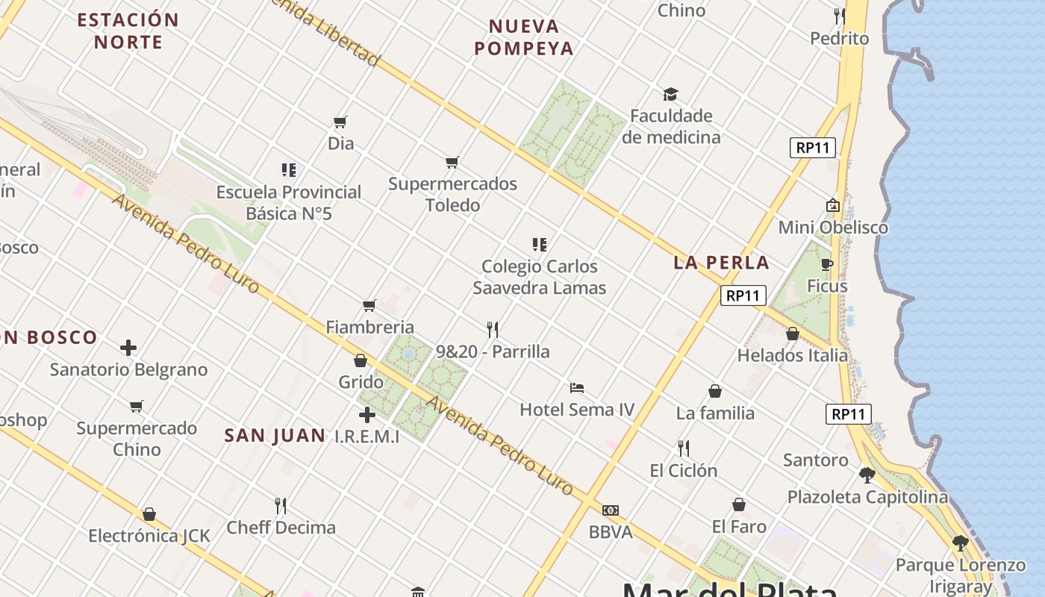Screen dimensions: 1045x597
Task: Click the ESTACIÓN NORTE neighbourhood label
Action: [x=128, y=31]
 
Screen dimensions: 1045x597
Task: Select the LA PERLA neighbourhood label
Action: [x=721, y=263]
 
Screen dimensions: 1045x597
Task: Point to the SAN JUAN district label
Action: [x=275, y=436]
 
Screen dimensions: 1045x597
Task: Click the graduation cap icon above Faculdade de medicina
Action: [x=670, y=95]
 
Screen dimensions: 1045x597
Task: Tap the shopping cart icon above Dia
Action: [x=340, y=122]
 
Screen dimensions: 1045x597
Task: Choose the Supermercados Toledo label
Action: [x=452, y=194]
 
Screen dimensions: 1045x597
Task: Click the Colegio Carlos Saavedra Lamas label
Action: [x=540, y=277]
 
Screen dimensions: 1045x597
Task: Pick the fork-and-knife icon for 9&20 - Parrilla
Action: [x=493, y=329]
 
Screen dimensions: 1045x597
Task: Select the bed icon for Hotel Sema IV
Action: [x=576, y=388]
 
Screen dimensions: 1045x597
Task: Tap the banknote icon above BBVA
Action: [x=611, y=510]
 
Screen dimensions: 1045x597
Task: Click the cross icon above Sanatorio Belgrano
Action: [x=128, y=348]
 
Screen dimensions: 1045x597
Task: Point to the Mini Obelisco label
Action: [x=833, y=228]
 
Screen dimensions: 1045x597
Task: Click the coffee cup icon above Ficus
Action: [x=827, y=264]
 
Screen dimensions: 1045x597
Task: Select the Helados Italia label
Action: [x=793, y=356]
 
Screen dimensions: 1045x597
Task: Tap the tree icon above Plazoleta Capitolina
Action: [x=867, y=475]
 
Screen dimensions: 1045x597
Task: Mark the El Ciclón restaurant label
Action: [x=683, y=471]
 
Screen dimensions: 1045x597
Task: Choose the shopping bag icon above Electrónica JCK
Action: [x=149, y=514]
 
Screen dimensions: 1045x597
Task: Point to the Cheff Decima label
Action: [x=281, y=528]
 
